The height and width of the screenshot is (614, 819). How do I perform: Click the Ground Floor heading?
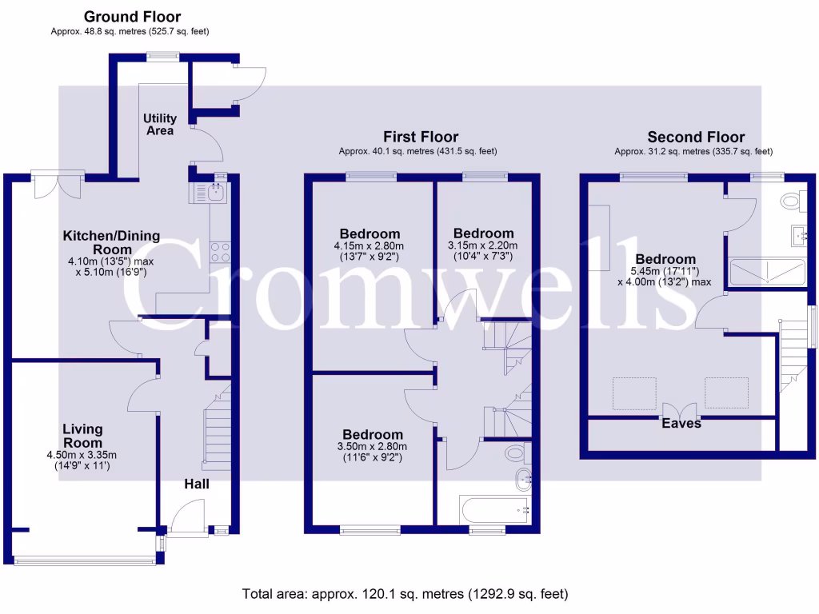(x=132, y=16)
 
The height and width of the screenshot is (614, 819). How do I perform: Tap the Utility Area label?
(x=160, y=125)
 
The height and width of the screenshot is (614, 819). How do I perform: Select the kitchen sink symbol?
(x=214, y=191)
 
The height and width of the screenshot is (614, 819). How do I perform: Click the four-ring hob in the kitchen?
(x=220, y=253)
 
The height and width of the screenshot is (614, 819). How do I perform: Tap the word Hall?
(x=197, y=484)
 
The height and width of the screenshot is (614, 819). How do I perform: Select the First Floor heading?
(x=421, y=137)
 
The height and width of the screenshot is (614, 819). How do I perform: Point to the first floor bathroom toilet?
(x=515, y=453)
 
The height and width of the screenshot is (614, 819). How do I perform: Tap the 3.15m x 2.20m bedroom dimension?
(x=482, y=245)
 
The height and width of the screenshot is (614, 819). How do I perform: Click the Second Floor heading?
(x=696, y=137)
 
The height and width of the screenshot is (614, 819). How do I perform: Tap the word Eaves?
(x=681, y=423)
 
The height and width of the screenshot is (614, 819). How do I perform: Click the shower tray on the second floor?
(x=765, y=272)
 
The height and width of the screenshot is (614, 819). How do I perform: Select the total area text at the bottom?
(x=406, y=594)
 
